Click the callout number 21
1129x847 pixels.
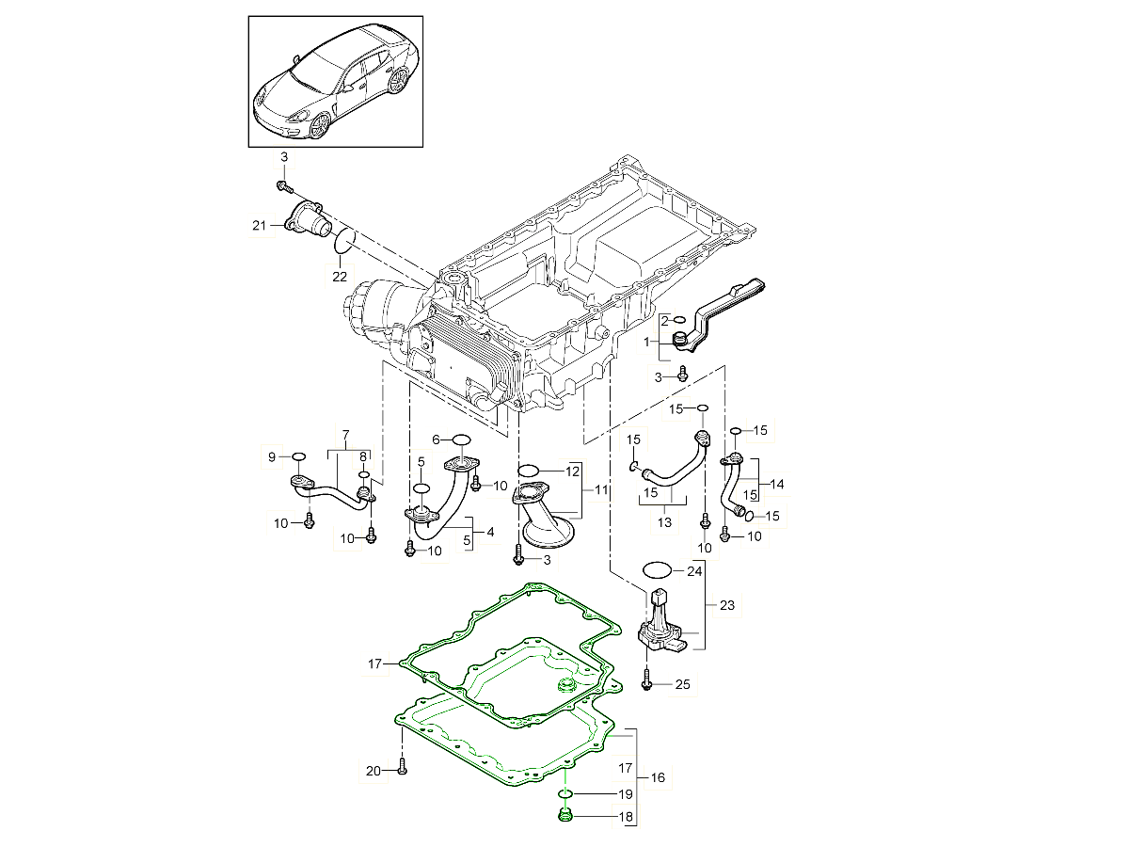(260, 224)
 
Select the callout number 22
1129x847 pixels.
(339, 277)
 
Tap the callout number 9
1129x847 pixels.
(272, 457)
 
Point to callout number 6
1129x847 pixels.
(437, 439)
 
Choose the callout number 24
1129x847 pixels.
(694, 570)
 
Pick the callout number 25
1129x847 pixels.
(682, 684)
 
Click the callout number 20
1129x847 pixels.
(373, 772)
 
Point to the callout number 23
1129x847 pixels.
(727, 605)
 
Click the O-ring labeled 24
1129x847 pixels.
(658, 570)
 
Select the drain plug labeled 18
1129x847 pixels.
(564, 815)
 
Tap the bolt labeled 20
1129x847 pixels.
(402, 766)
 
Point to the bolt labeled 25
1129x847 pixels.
(647, 679)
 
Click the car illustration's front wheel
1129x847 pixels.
(320, 124)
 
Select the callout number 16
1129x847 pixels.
(657, 777)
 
